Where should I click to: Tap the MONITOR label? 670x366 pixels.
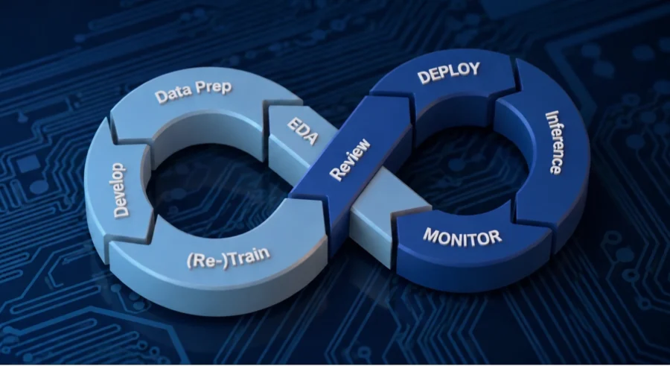click(462, 237)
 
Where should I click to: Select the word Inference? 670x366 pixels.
click(555, 142)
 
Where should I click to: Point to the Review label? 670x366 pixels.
click(350, 160)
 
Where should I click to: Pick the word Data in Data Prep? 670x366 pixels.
click(169, 95)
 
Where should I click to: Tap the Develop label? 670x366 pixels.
click(120, 190)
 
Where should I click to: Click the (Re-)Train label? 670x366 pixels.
click(229, 257)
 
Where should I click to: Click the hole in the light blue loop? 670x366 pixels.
click(214, 189)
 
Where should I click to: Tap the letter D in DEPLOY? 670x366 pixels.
click(423, 78)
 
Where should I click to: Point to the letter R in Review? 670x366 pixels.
click(336, 174)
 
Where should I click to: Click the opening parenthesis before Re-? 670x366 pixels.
click(189, 262)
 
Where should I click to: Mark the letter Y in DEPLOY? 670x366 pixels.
click(474, 69)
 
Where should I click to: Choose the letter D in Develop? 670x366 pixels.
click(121, 211)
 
